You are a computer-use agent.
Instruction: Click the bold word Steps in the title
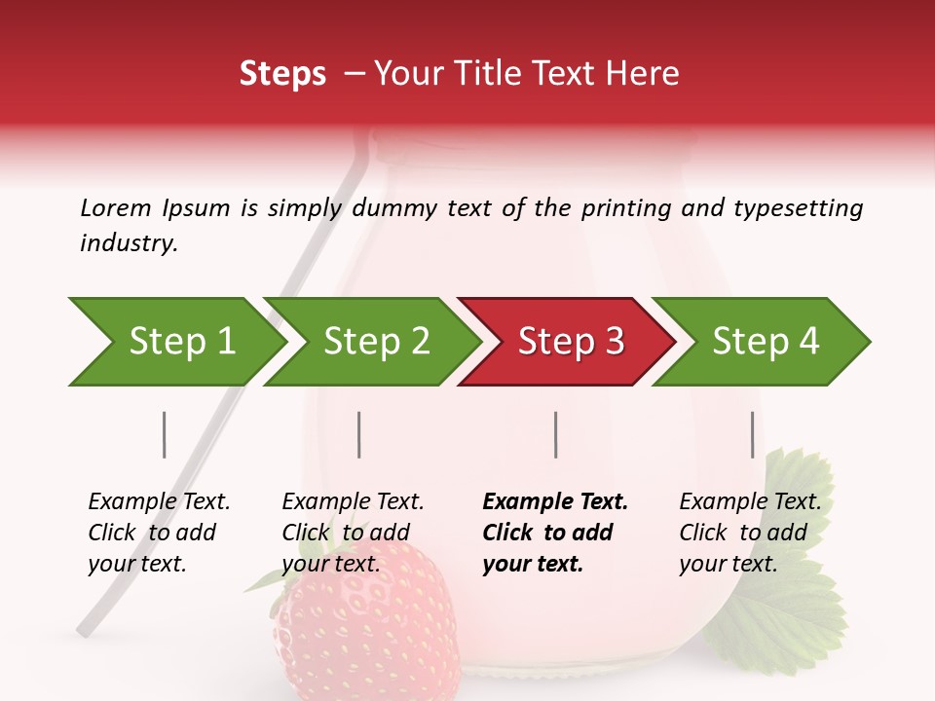(x=282, y=73)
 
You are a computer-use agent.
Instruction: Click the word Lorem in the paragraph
(x=115, y=207)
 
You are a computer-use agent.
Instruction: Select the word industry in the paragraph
(x=128, y=243)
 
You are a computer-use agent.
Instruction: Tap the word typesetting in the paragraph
(x=798, y=208)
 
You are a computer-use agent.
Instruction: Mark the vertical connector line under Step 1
(x=165, y=434)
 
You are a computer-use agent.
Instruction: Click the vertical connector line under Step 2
(x=359, y=434)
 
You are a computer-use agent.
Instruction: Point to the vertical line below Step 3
(x=555, y=434)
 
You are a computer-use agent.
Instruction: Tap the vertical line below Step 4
(x=752, y=434)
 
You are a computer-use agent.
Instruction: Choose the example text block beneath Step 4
(x=748, y=533)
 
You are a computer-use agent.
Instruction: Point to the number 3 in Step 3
(x=614, y=342)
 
